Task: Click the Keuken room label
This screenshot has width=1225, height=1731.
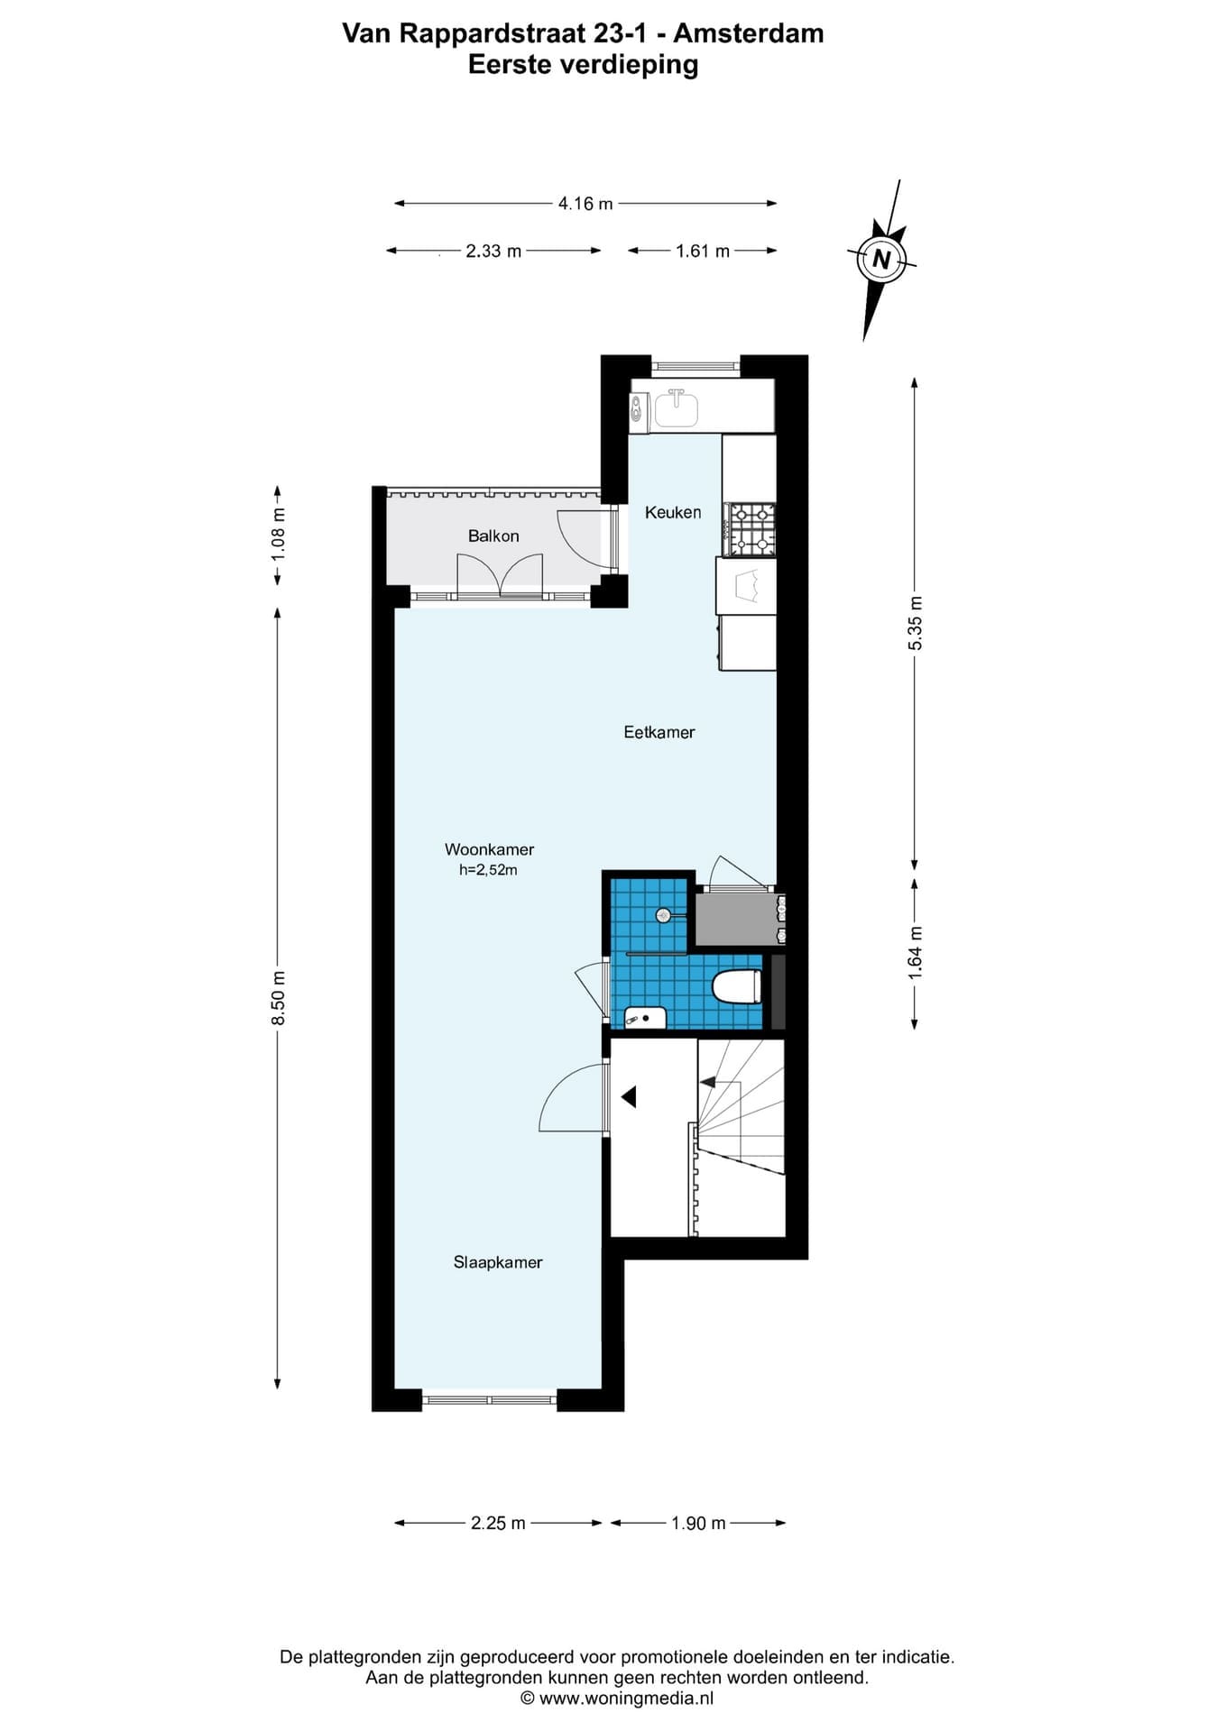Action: tap(673, 512)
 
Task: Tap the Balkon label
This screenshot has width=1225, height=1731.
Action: tap(493, 536)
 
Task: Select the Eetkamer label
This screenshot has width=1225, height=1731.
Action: tap(659, 732)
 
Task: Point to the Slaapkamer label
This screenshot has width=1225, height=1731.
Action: tap(498, 1262)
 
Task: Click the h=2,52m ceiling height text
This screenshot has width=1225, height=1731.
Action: tap(489, 870)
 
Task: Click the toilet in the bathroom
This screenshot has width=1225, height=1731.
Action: tap(737, 986)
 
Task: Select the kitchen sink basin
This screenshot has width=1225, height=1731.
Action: tap(676, 408)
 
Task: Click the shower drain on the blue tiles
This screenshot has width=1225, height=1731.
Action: tap(664, 915)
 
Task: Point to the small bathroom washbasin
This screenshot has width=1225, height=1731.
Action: tap(646, 1018)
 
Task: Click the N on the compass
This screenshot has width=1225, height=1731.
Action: tap(881, 260)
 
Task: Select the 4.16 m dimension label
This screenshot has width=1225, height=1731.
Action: tap(585, 204)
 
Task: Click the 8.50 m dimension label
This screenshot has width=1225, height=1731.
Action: tap(279, 997)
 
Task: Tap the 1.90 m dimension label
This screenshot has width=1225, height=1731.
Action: tap(698, 1523)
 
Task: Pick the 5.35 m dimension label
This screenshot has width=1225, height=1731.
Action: tap(915, 623)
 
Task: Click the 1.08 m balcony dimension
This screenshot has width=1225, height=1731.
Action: tap(279, 534)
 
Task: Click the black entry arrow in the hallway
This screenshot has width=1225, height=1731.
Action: tap(629, 1096)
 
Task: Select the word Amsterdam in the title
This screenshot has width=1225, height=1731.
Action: tap(749, 33)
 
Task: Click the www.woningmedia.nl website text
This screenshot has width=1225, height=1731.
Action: tap(626, 1698)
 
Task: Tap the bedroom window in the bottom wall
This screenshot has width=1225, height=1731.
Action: tap(489, 1400)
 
